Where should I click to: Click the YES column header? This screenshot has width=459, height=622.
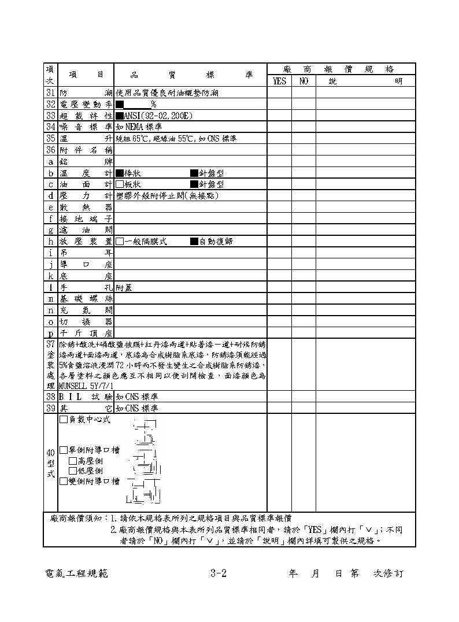click(279, 82)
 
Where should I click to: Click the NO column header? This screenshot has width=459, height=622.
click(303, 82)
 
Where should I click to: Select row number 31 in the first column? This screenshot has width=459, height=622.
click(50, 92)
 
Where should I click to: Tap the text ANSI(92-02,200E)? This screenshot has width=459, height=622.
click(155, 115)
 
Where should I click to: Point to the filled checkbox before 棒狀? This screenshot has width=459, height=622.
click(120, 173)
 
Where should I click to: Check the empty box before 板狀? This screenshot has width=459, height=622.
click(120, 184)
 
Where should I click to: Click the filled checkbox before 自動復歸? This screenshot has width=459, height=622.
click(194, 241)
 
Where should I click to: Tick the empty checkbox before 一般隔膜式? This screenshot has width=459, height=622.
click(120, 241)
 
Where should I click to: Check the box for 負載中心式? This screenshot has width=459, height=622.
click(64, 420)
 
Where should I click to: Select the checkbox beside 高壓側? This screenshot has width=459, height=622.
click(73, 461)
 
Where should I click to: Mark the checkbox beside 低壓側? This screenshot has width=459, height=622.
click(73, 471)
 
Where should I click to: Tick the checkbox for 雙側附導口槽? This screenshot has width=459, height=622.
click(64, 481)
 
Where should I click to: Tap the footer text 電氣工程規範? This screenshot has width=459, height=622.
click(76, 574)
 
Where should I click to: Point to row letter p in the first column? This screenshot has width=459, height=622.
click(50, 333)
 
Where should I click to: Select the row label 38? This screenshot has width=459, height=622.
click(50, 397)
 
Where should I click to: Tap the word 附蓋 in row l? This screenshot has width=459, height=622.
click(124, 287)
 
